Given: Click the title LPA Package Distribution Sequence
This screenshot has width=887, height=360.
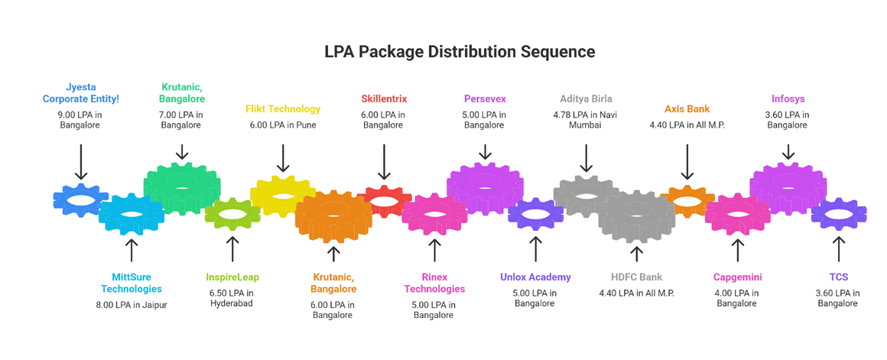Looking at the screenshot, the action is [x=460, y=52].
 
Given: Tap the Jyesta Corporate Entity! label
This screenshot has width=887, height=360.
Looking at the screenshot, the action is [x=81, y=93].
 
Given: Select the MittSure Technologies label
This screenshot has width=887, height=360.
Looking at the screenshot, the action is [x=132, y=283].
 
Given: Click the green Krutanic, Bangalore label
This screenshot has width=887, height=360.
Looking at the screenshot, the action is [x=182, y=93].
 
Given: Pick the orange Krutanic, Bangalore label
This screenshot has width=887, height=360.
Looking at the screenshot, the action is [x=333, y=283].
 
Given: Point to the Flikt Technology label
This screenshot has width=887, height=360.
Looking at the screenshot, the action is [x=283, y=109].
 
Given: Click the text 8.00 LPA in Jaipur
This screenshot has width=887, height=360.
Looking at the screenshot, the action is [x=132, y=305].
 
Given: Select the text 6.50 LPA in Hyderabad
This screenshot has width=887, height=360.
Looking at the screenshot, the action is [x=232, y=298].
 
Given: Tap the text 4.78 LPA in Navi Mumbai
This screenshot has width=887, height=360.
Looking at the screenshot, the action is [x=586, y=120].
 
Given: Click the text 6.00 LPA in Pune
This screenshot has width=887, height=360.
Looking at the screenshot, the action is [x=283, y=125].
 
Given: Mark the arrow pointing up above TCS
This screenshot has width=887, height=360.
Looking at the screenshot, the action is [x=838, y=249].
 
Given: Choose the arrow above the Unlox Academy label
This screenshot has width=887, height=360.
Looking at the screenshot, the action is [x=535, y=249].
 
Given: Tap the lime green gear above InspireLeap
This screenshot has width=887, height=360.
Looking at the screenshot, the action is [x=232, y=213].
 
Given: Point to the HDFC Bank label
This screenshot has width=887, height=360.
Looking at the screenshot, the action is [x=636, y=277].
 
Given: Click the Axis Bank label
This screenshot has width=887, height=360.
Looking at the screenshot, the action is [x=687, y=109].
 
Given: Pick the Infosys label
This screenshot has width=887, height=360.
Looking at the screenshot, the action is [x=788, y=99].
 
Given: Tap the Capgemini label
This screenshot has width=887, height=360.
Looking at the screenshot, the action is [x=737, y=277].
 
